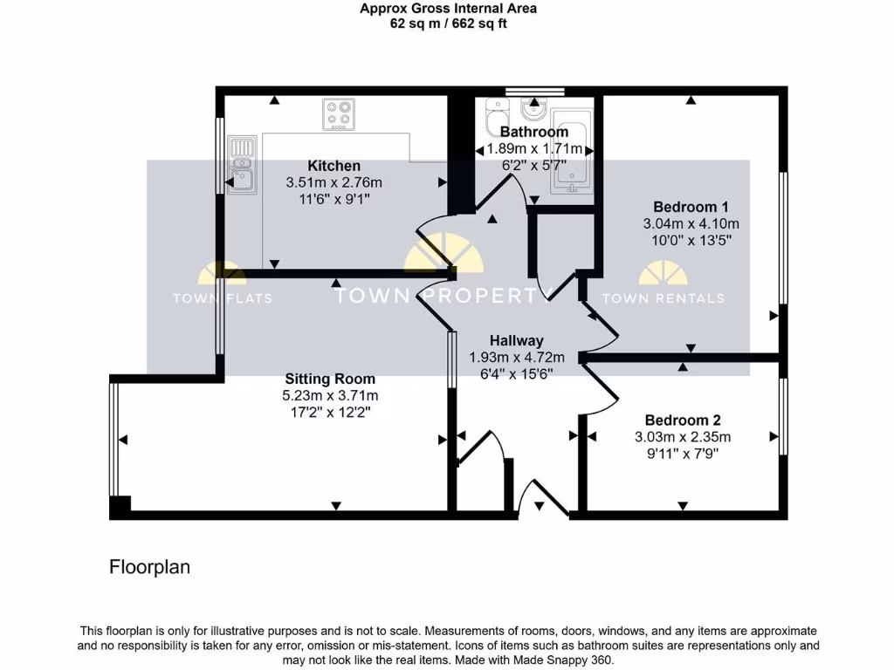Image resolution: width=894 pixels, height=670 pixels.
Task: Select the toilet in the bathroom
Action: (497, 114)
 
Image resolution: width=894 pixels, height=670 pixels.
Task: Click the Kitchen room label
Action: (334, 166)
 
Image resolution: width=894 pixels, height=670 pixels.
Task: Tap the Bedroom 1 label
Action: (691, 207)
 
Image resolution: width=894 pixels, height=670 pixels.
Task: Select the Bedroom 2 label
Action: (682, 420)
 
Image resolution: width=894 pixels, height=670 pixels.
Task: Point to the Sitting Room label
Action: (330, 379)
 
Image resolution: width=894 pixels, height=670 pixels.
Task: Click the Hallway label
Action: (516, 340)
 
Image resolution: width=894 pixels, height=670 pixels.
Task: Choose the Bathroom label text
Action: (533, 132)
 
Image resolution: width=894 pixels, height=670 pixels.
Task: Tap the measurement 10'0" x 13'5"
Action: (691, 240)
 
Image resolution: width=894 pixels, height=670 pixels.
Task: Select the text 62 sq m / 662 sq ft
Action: (448, 24)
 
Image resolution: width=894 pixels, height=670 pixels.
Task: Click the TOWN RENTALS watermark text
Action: (664, 298)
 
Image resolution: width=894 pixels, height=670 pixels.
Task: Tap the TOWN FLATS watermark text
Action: (222, 298)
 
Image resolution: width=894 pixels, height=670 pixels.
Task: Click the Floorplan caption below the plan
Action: (149, 567)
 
